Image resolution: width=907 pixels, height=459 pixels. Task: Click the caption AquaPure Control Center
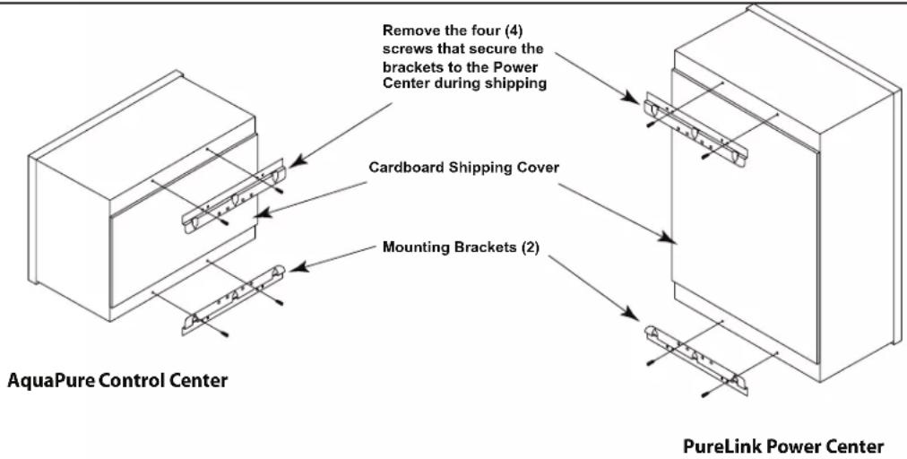117,381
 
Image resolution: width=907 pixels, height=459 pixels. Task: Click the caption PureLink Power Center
783,446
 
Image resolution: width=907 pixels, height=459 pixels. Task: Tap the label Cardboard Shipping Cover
464,168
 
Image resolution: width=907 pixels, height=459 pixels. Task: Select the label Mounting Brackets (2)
461,247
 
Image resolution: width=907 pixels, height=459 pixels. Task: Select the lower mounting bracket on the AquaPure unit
234,299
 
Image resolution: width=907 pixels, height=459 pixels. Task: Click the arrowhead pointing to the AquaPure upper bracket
296,161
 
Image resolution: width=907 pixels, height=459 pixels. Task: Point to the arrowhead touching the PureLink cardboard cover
667,236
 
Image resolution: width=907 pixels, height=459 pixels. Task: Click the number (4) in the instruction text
513,30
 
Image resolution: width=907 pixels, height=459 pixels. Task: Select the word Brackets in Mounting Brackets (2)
485,247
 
